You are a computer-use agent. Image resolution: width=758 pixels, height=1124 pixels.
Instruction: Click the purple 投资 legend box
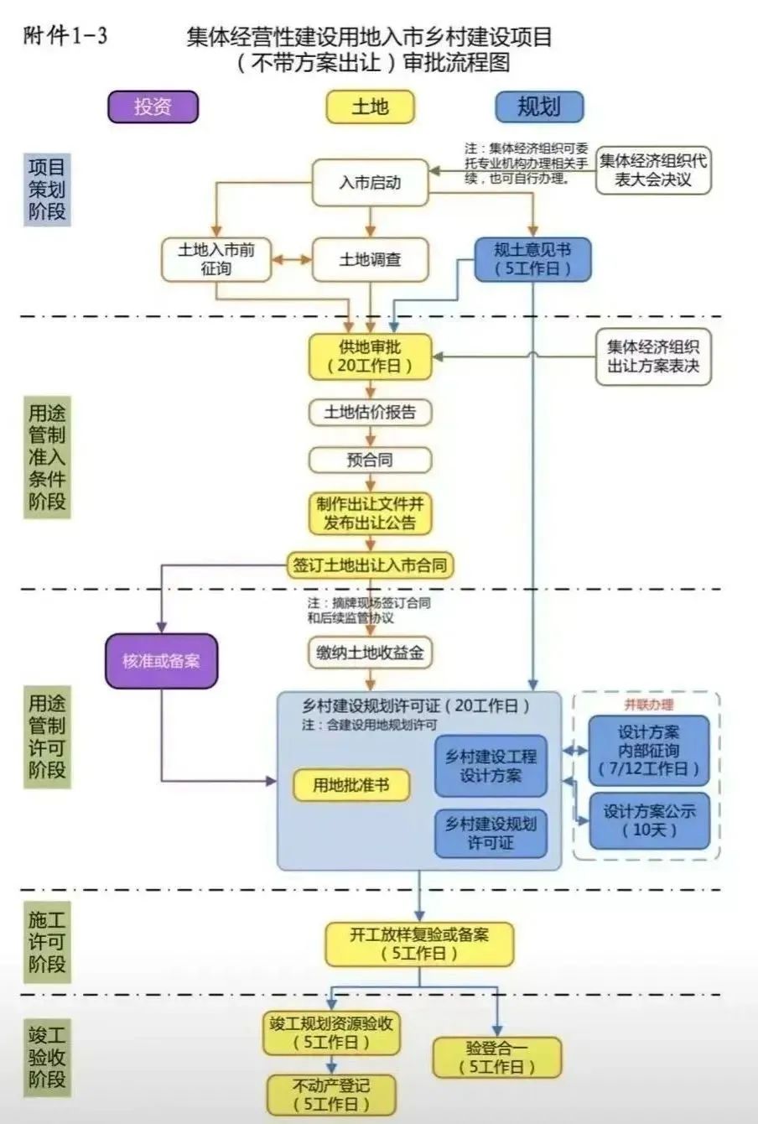(153, 107)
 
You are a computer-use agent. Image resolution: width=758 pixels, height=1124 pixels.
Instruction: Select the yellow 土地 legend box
(370, 107)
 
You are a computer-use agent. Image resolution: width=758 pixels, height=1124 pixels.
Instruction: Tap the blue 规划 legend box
(538, 107)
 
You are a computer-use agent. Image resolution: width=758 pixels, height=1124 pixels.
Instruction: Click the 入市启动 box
(370, 182)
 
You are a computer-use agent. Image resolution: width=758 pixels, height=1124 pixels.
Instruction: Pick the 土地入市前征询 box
(216, 259)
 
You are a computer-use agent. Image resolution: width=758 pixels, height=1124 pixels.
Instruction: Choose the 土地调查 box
(370, 260)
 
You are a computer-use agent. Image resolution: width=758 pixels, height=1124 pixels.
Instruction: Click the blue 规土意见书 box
(532, 259)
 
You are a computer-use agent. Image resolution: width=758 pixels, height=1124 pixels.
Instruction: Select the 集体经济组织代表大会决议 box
(653, 169)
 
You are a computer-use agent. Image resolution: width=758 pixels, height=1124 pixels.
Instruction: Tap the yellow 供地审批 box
(370, 356)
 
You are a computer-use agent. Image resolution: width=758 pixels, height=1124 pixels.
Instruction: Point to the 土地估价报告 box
(370, 412)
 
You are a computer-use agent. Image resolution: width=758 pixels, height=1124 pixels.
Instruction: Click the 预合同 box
(370, 460)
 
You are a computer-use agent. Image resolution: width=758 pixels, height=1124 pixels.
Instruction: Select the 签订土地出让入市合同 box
(370, 565)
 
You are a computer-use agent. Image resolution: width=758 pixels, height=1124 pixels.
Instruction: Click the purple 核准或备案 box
(161, 661)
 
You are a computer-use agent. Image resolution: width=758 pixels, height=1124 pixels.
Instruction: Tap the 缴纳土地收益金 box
(370, 653)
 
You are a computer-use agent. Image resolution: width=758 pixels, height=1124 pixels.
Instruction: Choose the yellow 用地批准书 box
(351, 785)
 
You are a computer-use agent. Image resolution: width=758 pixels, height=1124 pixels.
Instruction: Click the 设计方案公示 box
(649, 820)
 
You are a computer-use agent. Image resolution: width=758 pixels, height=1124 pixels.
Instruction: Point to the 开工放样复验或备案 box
(419, 944)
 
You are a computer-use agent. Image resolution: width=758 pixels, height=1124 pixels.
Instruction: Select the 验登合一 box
(496, 1057)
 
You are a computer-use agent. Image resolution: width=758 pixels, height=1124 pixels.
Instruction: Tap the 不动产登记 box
(331, 1095)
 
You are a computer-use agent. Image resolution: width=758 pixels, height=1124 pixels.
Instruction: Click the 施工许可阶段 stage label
(47, 942)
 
